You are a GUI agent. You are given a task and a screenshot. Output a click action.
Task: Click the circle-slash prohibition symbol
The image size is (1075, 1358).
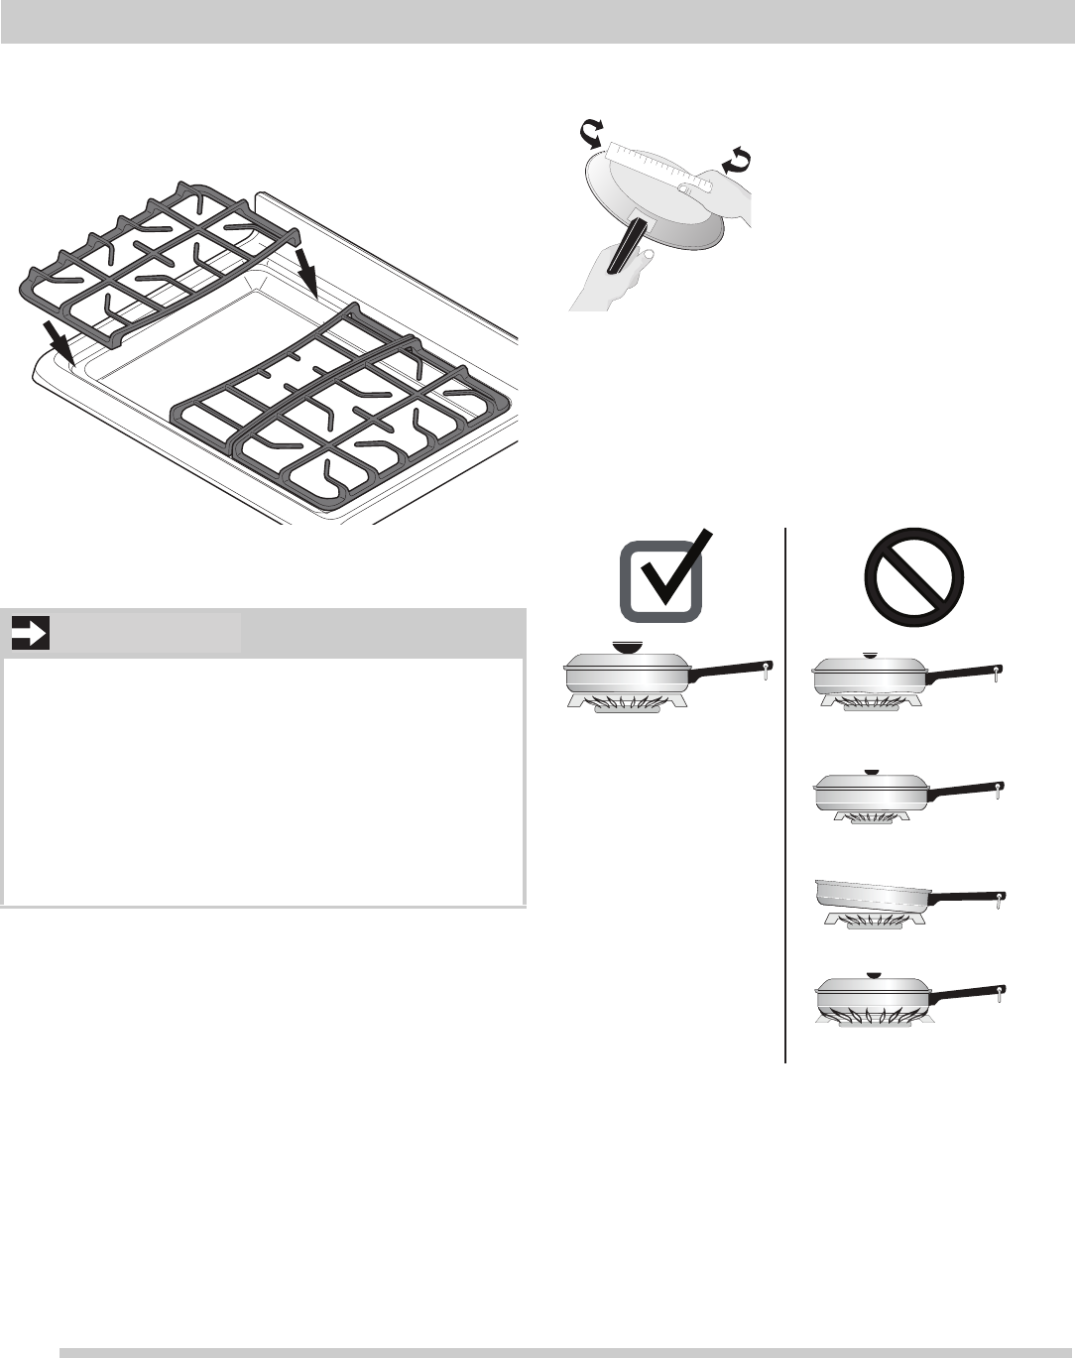913,576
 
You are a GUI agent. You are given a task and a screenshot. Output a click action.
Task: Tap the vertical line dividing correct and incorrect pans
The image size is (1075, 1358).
785,794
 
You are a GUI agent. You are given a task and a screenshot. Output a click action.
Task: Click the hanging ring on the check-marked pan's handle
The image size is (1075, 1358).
766,674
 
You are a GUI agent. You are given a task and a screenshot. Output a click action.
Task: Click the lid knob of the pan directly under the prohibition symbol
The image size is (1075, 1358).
870,655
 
